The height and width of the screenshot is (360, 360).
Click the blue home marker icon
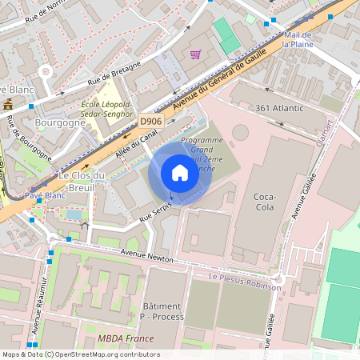pos(180,173)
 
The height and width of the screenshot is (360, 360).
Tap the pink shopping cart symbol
pos(195,54)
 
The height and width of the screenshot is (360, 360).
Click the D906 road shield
pos(150,122)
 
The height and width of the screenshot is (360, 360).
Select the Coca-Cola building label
pos(264,202)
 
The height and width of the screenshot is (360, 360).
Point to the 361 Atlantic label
pos(279,108)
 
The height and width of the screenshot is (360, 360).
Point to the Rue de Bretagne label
pos(114,73)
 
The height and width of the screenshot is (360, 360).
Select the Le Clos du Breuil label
pos(82,181)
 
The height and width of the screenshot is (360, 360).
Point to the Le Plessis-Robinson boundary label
pos(245,281)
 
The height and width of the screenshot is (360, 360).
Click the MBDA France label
pos(126,338)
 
